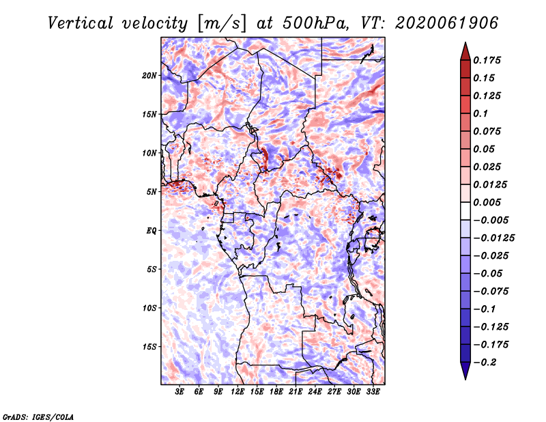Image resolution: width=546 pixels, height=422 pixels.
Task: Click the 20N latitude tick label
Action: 149,76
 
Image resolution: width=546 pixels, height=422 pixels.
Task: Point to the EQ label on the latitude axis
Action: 152,231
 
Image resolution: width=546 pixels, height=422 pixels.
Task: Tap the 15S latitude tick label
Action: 149,347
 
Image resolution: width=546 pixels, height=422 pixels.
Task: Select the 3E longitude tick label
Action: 179,392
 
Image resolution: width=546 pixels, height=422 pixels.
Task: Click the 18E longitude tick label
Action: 276,392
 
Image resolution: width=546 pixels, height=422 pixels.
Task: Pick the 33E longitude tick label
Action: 373,392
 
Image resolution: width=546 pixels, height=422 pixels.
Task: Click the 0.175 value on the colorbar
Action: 487,60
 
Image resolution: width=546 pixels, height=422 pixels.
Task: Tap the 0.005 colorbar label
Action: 487,202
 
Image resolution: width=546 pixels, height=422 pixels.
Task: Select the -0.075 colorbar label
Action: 491,292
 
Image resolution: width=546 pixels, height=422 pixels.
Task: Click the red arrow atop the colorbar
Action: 465,51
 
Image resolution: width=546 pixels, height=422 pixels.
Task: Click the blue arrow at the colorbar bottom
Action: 465,371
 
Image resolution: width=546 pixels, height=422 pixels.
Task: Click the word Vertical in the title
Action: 81,23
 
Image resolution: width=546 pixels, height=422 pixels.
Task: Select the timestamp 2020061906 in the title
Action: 447,23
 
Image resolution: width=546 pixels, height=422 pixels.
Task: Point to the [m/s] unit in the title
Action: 222,24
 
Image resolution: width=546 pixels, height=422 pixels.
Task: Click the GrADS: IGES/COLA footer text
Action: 38,417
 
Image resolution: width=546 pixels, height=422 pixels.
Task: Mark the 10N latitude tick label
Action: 149,153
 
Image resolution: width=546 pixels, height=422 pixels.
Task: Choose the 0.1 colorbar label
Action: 481,113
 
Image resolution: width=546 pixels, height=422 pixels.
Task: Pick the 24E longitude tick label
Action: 315,392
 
